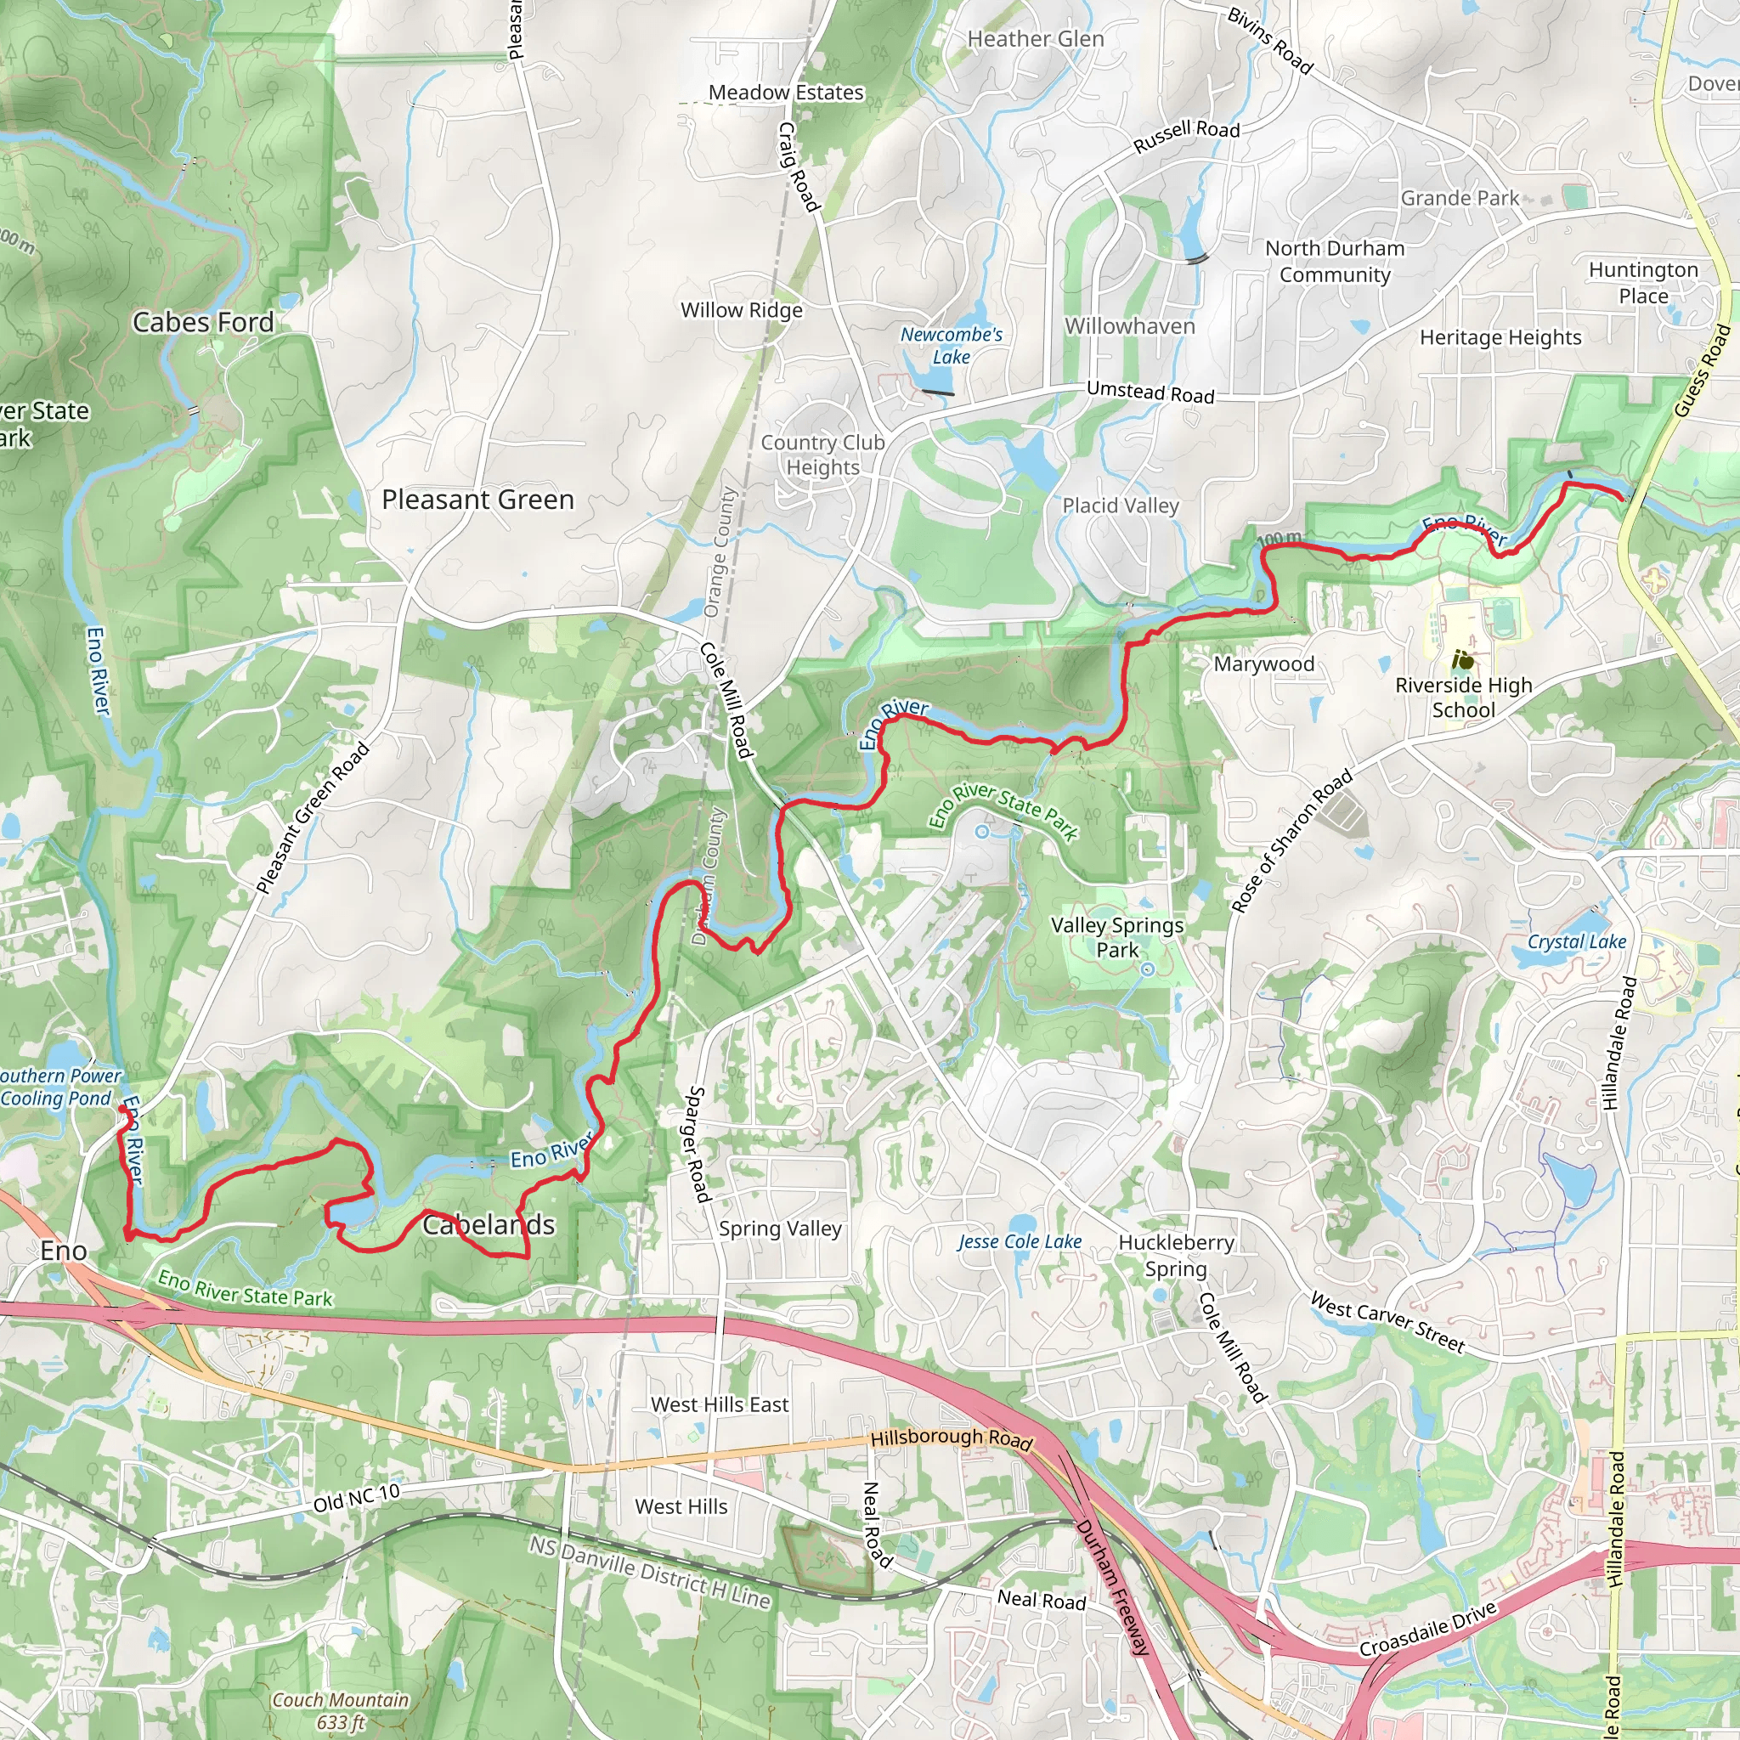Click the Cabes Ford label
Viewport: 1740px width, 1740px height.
pos(203,322)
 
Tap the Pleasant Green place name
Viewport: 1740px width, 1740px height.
pos(477,500)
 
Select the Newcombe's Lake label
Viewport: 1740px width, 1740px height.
pos(951,345)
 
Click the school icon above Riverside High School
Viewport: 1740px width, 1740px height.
pos(1464,660)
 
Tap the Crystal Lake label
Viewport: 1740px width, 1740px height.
pos(1576,942)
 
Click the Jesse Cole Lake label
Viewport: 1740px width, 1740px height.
pos(1020,1241)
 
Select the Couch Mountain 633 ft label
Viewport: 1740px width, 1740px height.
pos(341,1711)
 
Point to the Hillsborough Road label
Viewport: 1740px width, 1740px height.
pos(951,1438)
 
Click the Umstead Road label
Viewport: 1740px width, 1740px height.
pos(1150,392)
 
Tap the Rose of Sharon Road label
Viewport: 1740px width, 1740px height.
pos(1291,840)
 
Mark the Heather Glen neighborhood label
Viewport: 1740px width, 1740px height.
pos(1035,40)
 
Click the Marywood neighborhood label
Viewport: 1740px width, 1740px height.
pos(1263,664)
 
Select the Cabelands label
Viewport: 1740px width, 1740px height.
pos(489,1225)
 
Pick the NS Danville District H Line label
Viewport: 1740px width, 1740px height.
pos(649,1573)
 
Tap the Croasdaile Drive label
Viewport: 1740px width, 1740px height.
pos(1427,1629)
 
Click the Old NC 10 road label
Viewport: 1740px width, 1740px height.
pos(357,1498)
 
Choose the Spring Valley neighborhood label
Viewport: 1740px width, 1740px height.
pos(780,1229)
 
